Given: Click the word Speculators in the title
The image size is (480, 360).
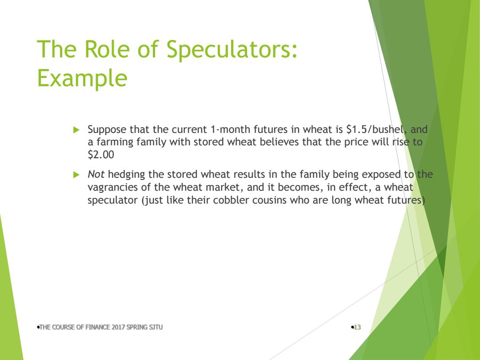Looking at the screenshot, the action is pyautogui.click(x=232, y=50).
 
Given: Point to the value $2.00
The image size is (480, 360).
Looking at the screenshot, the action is pyautogui.click(x=101, y=155).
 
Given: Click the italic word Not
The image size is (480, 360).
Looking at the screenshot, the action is pyautogui.click(x=96, y=175).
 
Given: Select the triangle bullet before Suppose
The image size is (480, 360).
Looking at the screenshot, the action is pyautogui.click(x=76, y=130).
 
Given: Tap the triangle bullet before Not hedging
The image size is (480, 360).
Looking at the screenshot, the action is pyautogui.click(x=76, y=175).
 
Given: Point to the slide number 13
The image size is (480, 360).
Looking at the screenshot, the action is pyautogui.click(x=357, y=327).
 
